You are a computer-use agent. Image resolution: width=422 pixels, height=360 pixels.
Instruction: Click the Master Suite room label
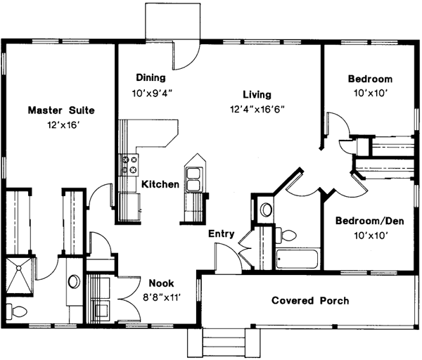point(60,110)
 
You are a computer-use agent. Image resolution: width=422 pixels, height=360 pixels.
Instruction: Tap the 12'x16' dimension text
point(60,125)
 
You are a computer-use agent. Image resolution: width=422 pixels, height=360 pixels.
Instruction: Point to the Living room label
point(257,94)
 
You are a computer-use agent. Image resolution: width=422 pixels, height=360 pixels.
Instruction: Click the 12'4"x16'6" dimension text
point(257,109)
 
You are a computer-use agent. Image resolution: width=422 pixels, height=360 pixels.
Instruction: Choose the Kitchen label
point(160,184)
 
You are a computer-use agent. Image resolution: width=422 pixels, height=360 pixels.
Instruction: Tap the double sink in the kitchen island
point(194,177)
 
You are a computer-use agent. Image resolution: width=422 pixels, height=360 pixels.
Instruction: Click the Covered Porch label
point(310,301)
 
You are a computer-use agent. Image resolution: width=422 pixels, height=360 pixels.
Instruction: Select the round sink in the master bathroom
point(74,281)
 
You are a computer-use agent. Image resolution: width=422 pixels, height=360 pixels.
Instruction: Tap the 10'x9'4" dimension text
point(151,92)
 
